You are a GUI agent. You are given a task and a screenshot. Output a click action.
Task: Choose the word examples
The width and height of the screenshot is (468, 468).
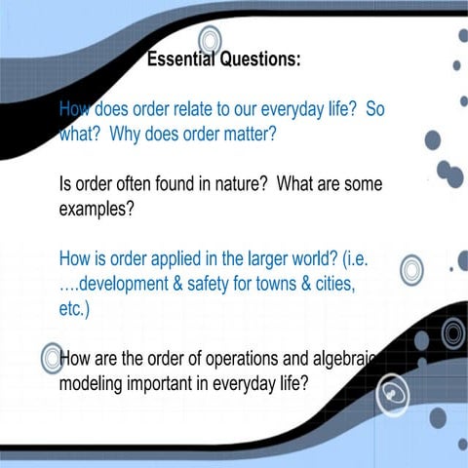[96, 208]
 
